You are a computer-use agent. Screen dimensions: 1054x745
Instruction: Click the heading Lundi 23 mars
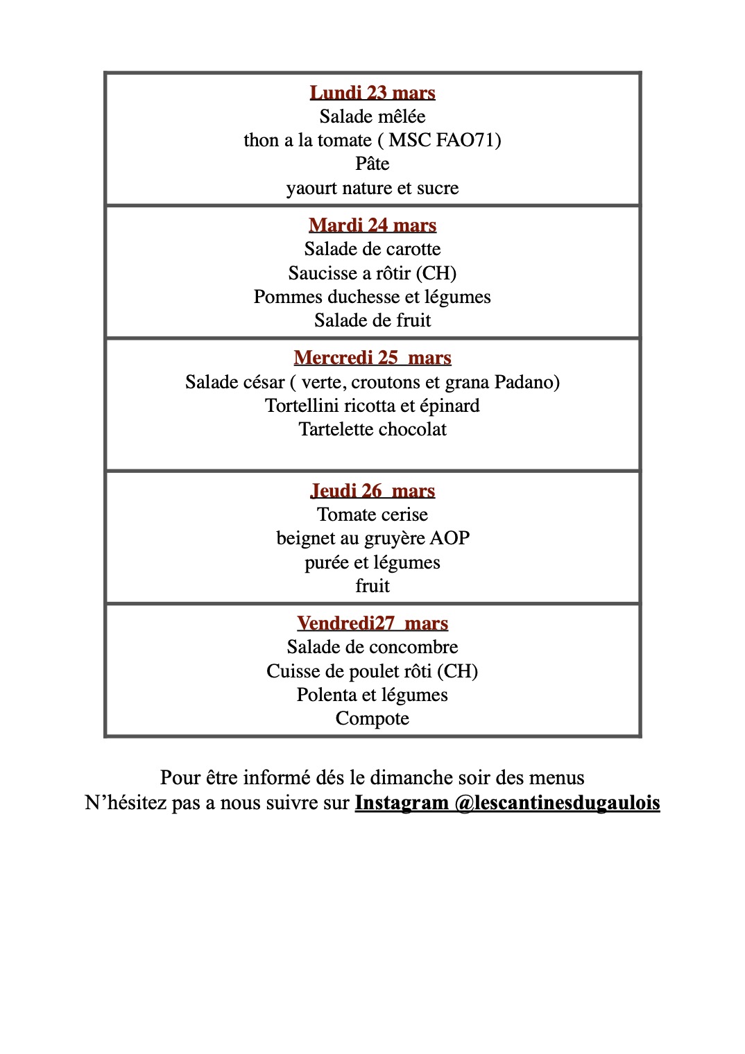point(372,93)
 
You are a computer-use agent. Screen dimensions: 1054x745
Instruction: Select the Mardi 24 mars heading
point(372,225)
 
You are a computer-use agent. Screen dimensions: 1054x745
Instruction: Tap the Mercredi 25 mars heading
point(372,358)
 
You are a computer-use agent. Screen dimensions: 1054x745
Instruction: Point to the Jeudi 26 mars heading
point(372,491)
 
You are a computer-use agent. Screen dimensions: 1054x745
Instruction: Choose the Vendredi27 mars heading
point(372,623)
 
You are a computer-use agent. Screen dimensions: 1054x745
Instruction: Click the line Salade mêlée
point(372,116)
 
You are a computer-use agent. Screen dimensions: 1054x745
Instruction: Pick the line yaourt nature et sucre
point(372,188)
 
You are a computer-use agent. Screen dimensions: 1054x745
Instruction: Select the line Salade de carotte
point(372,249)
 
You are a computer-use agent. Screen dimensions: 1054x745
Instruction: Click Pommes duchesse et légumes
point(372,297)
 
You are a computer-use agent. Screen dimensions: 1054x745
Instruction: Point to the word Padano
point(526,382)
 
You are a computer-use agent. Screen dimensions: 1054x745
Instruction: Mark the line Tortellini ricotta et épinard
point(372,406)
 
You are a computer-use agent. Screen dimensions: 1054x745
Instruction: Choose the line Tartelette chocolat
point(372,429)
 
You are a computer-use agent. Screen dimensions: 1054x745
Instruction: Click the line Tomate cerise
point(372,515)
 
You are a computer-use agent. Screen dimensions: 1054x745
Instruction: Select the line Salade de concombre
point(372,647)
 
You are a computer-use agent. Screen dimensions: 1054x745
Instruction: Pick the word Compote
point(372,718)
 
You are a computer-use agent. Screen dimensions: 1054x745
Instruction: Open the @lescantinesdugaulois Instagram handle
point(557,803)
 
